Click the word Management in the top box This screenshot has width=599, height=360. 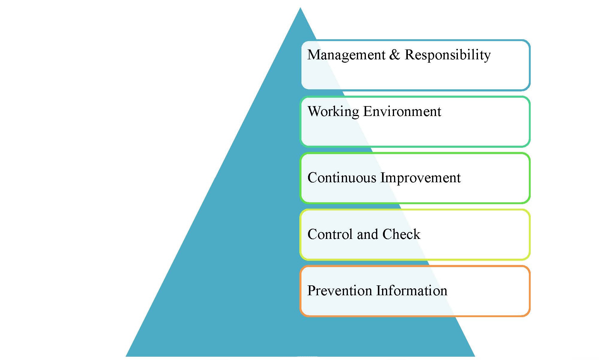[x=346, y=55]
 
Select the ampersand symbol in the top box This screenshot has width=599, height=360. [x=395, y=54]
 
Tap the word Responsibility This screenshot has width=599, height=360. [x=448, y=55]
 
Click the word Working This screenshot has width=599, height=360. [x=333, y=112]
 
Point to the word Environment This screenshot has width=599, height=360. [x=402, y=111]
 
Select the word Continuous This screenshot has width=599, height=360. [x=342, y=177]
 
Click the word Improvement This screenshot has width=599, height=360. [x=420, y=178]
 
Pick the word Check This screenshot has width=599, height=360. [x=401, y=234]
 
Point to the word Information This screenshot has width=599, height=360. [x=412, y=290]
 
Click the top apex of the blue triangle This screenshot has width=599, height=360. [x=300, y=8]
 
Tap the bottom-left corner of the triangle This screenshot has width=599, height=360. [x=126, y=356]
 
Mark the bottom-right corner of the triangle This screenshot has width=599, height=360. [x=475, y=356]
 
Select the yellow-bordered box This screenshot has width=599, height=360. [x=415, y=259]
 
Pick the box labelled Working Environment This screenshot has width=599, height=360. [x=415, y=146]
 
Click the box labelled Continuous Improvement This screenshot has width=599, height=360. [x=415, y=203]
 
